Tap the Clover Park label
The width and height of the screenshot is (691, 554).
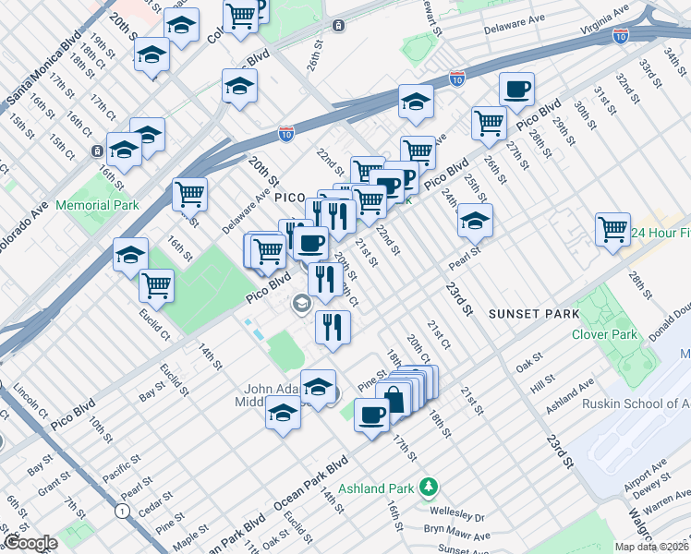(x=605, y=334)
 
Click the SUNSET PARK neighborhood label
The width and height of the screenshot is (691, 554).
(x=533, y=314)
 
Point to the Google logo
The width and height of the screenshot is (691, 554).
(x=30, y=543)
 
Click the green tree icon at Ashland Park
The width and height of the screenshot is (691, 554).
(x=427, y=485)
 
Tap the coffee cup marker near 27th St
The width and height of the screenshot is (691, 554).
(x=516, y=90)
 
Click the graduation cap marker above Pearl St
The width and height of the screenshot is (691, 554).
(x=475, y=221)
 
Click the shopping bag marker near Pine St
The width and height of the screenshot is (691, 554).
(x=394, y=399)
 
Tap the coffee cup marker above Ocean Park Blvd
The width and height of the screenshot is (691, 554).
(x=372, y=415)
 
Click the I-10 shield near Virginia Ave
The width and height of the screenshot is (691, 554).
(x=621, y=36)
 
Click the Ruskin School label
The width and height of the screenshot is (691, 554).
(x=636, y=403)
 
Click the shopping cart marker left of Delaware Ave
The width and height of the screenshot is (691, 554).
(x=189, y=194)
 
